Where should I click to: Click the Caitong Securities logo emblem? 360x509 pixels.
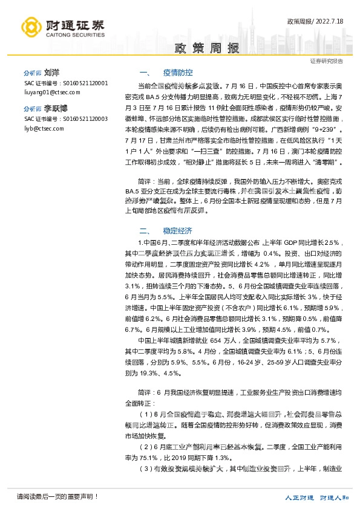pyautogui.click(x=32, y=27)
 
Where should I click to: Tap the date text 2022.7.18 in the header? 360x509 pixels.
pyautogui.click(x=335, y=22)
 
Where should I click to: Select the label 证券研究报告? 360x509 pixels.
pyautogui.click(x=326, y=61)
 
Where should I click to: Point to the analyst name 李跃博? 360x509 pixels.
pyautogui.click(x=55, y=110)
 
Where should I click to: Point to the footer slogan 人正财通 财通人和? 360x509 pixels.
pyautogui.click(x=318, y=498)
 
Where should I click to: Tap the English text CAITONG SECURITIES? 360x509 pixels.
pyautogui.click(x=75, y=35)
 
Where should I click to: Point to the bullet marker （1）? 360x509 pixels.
pyautogui.click(x=146, y=414)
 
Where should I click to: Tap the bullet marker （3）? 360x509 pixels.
pyautogui.click(x=146, y=468)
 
